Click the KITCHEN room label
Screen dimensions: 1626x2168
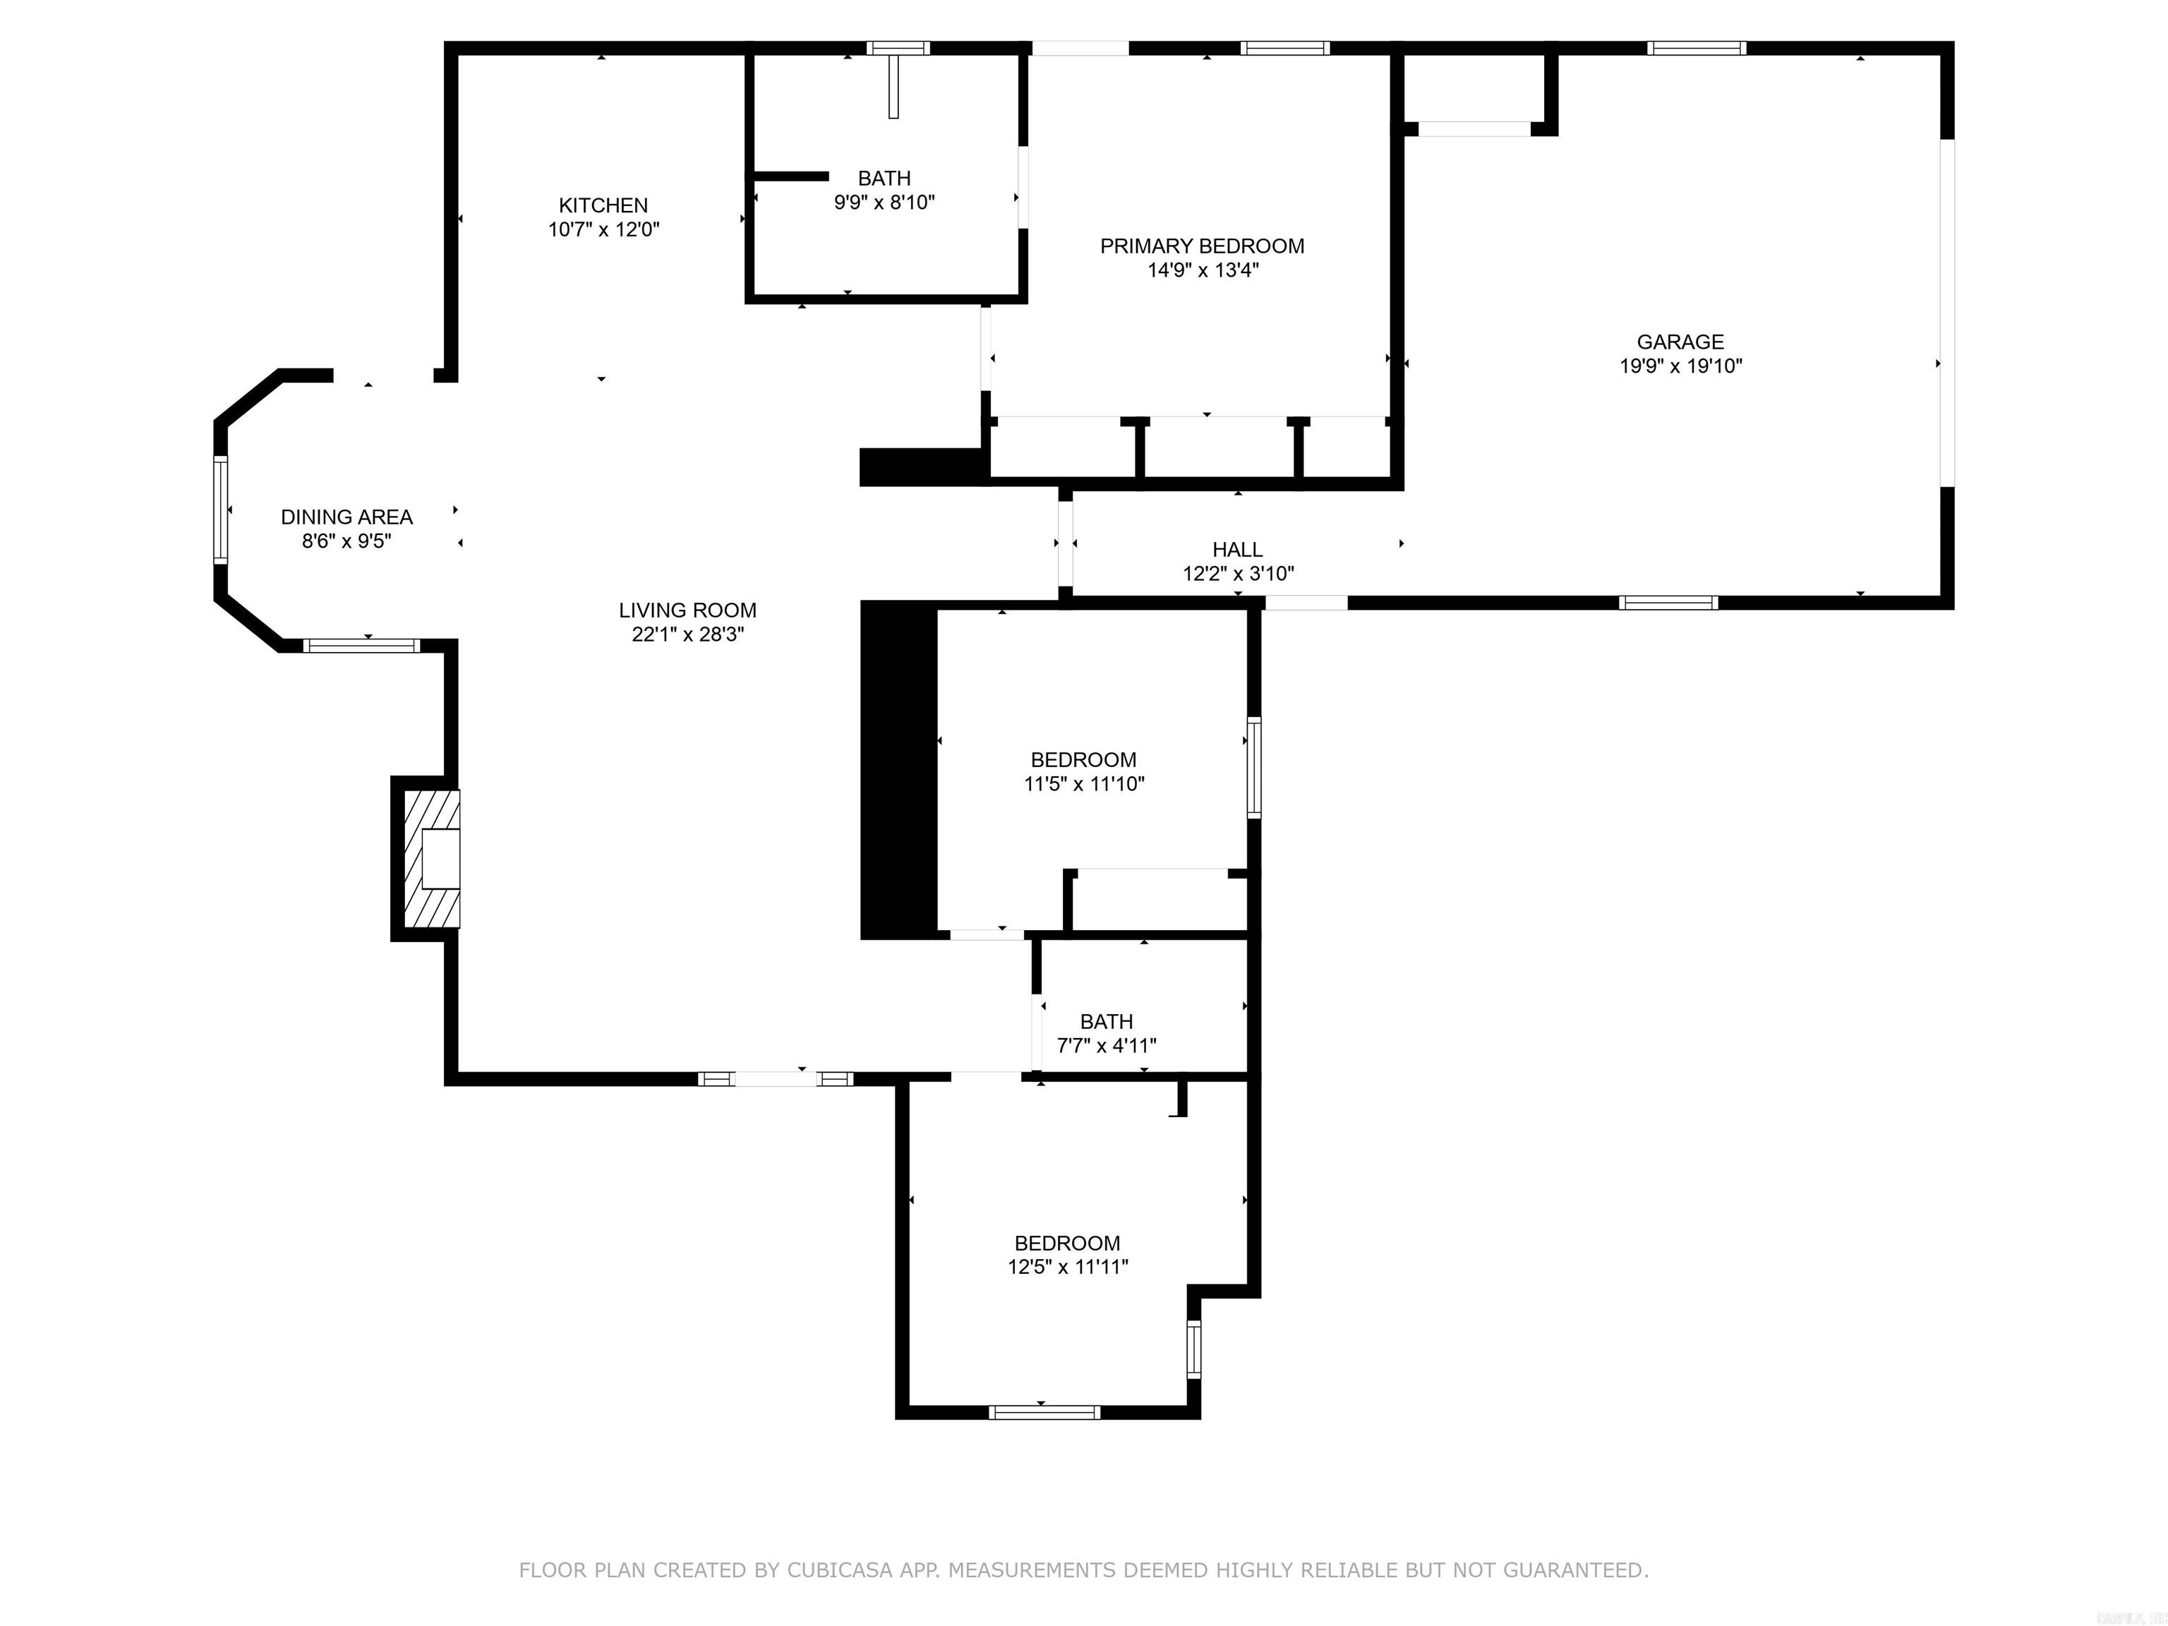click(603, 205)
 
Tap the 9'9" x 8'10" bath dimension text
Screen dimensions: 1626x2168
click(884, 203)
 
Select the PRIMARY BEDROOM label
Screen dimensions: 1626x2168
click(1202, 246)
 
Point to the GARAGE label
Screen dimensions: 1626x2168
click(1680, 342)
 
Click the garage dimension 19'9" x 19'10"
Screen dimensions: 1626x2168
click(1680, 366)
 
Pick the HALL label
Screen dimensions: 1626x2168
click(1237, 550)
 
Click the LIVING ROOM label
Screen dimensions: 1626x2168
click(687, 610)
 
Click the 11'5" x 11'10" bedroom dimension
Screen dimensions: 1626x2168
click(1083, 784)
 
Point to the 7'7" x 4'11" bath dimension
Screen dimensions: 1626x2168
click(1106, 1046)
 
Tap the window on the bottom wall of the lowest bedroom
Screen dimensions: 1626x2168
click(1044, 1412)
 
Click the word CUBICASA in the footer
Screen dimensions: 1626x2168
click(839, 1570)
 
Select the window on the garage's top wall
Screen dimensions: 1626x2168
click(1697, 48)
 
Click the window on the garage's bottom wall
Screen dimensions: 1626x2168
click(1668, 603)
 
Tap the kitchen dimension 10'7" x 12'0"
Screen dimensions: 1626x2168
click(603, 230)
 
